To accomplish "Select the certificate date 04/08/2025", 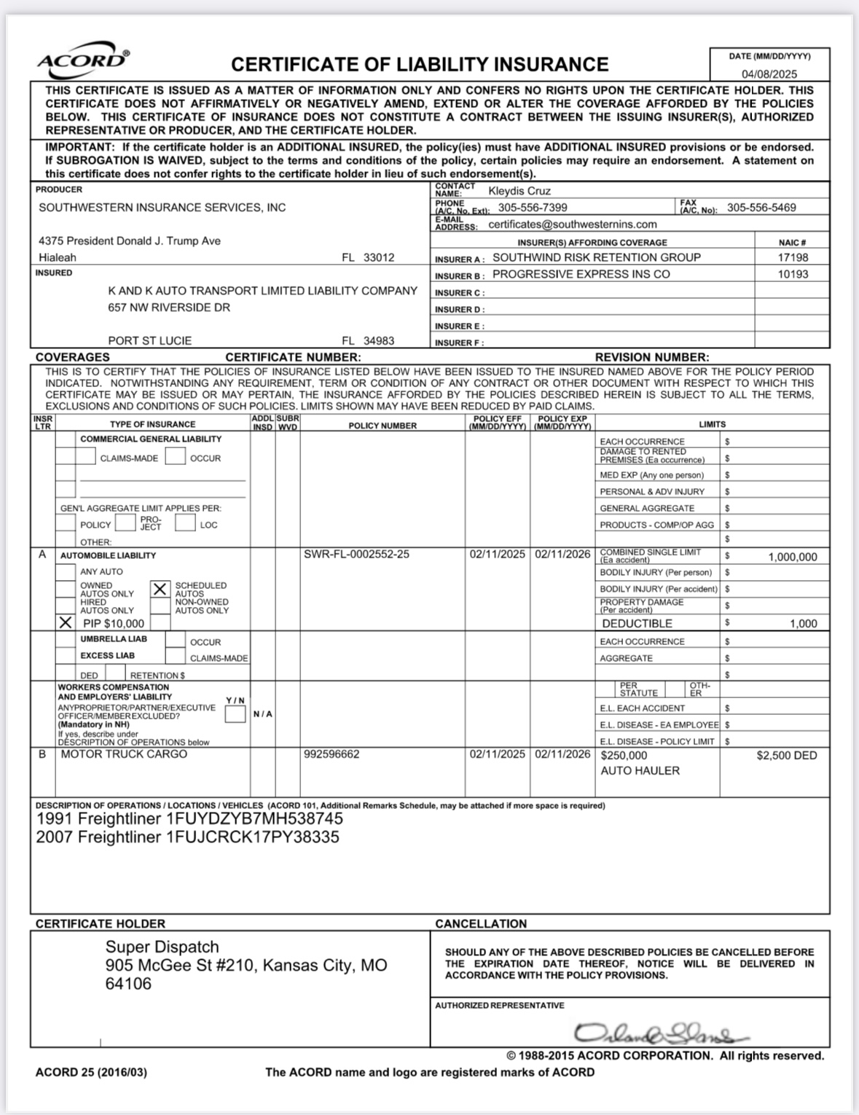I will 769,74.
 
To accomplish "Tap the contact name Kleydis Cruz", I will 519,191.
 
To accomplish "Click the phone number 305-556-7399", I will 533,208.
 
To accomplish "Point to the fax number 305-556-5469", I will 761,208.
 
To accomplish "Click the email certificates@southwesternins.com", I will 573,224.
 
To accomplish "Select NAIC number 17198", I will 793,257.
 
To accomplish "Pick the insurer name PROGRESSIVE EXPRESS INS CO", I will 581,274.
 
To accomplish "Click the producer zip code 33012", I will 379,257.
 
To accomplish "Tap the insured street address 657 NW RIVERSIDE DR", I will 169,308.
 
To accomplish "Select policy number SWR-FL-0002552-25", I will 356,555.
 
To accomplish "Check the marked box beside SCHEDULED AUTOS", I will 160,589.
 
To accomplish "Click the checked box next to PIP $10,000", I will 66,623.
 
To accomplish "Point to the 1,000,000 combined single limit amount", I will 793,557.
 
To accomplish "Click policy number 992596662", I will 332,754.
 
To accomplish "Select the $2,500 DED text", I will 787,755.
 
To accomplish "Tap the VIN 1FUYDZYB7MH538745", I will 254,818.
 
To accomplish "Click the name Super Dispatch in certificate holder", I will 162,947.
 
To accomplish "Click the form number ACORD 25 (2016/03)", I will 91,1072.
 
